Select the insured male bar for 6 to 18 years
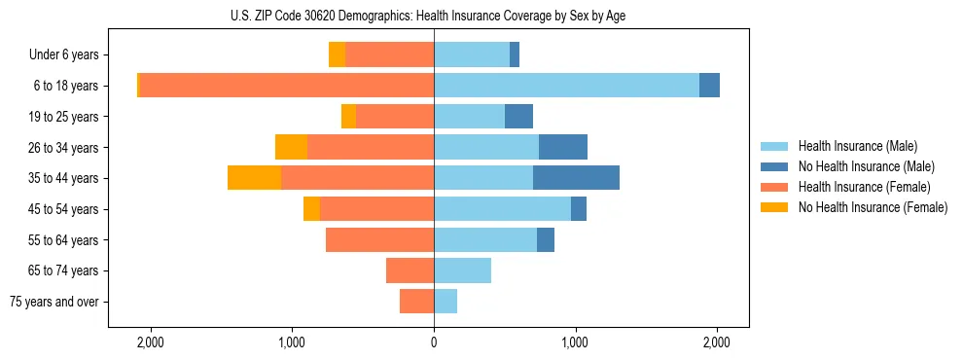coord(566,86)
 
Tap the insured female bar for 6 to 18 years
coord(286,86)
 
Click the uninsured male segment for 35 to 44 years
coord(576,178)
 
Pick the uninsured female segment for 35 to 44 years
coord(254,178)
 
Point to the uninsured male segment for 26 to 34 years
coord(563,147)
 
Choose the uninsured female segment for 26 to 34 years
coord(291,147)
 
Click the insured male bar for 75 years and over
coord(446,302)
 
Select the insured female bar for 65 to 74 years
coord(410,270)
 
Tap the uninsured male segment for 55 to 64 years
coord(546,239)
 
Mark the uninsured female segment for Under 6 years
coord(337,54)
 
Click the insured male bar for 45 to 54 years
coord(502,209)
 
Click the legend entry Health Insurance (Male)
coord(857,146)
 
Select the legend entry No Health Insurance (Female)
coord(873,207)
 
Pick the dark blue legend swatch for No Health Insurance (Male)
coord(775,166)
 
